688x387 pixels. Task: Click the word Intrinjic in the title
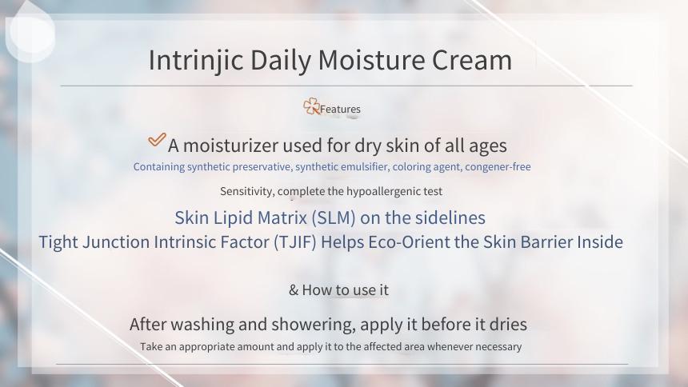[196, 61]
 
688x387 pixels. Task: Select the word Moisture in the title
[371, 60]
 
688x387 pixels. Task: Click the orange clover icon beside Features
[311, 106]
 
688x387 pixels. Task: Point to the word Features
[340, 110]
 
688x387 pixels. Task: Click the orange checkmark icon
[157, 140]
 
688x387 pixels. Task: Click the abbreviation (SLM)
[334, 218]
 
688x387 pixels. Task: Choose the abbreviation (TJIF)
[295, 242]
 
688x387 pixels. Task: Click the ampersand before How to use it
[294, 290]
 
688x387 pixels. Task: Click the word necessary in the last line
[498, 347]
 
